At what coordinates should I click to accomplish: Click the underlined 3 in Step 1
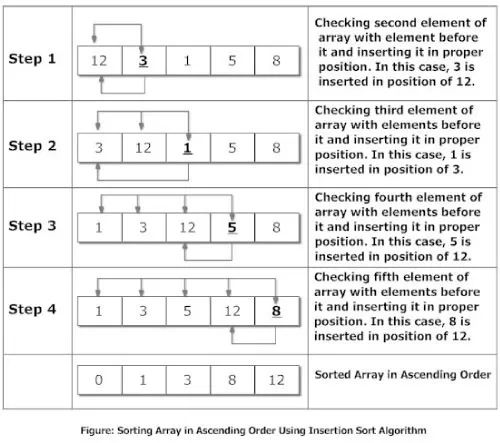click(144, 62)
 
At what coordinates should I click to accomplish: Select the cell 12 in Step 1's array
click(98, 62)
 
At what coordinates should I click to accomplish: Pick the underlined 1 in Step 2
click(188, 148)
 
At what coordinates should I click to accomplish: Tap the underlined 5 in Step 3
click(232, 229)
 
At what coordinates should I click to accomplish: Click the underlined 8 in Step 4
click(276, 311)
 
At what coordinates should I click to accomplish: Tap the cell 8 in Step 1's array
click(276, 62)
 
